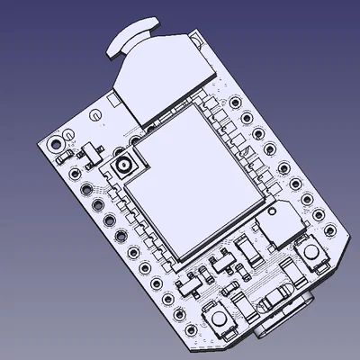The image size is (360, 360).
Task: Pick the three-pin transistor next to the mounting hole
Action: [x=91, y=154]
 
